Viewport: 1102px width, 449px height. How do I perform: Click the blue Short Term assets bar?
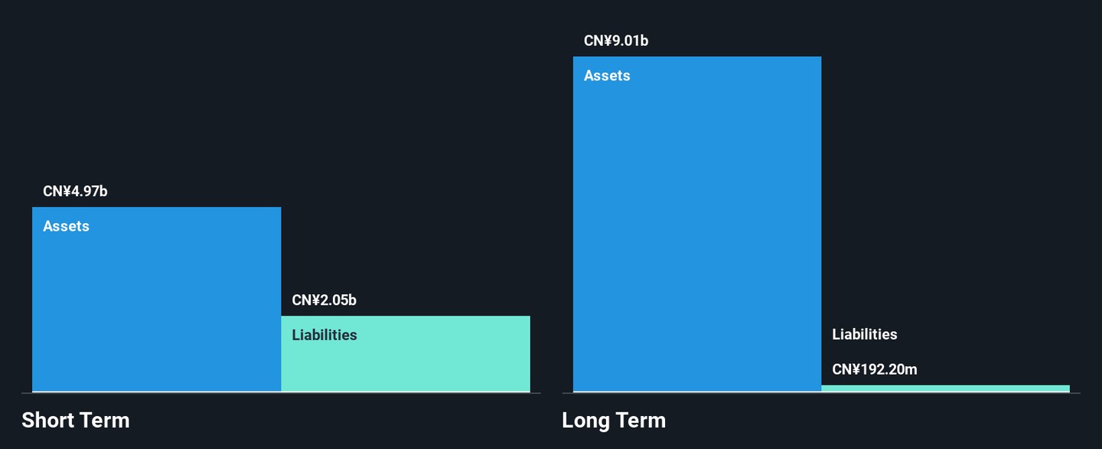click(156, 300)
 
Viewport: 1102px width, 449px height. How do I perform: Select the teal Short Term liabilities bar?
click(406, 353)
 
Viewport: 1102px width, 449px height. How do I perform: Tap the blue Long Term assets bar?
click(697, 224)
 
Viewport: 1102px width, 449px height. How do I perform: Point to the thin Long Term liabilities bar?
click(946, 388)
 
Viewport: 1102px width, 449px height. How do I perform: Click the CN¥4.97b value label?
click(75, 191)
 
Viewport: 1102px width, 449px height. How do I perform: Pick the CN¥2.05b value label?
click(324, 300)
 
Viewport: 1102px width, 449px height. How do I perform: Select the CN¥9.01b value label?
click(616, 41)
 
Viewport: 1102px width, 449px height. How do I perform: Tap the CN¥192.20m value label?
click(875, 369)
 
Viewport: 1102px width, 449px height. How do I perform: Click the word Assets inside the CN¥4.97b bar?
click(66, 226)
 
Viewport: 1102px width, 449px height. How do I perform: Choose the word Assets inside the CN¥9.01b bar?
click(607, 75)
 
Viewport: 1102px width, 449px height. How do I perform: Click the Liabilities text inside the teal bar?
click(324, 335)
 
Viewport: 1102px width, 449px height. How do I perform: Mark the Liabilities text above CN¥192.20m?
click(865, 334)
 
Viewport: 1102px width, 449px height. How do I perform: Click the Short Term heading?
click(76, 421)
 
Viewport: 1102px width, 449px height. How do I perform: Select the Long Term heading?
click(614, 421)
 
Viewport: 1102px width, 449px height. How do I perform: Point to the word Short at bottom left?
click(47, 421)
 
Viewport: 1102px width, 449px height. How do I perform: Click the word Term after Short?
click(104, 421)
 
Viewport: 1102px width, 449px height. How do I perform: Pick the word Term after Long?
click(641, 421)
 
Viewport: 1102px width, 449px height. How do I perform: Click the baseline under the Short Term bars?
click(282, 393)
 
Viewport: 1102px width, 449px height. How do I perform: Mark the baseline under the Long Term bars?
click(822, 393)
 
